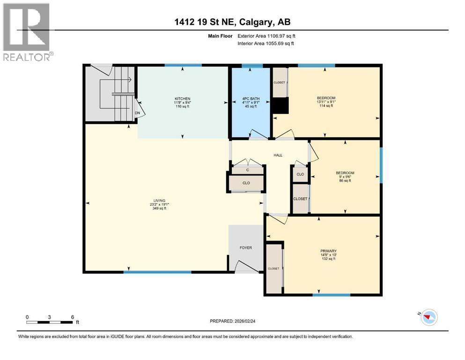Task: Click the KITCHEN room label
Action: point(183,98)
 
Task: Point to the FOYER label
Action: point(246,247)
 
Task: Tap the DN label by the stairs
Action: point(137,113)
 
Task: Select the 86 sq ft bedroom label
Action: point(345,173)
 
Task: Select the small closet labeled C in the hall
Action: point(247,170)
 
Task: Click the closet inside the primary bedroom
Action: point(273,268)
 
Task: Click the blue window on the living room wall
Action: point(157,272)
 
